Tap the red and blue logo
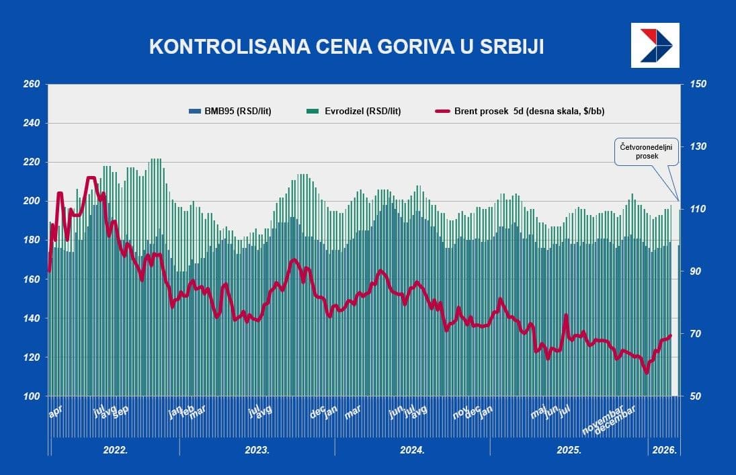(x=655, y=45)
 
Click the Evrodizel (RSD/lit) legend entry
(x=354, y=112)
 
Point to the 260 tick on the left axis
(x=31, y=85)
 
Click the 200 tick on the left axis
(x=31, y=202)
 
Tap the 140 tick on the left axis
(x=31, y=318)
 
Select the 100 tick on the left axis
(x=31, y=396)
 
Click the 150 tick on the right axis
(x=698, y=85)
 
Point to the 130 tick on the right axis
(x=698, y=146)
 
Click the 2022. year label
(x=116, y=450)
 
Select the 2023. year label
(x=257, y=450)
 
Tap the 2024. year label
(x=412, y=450)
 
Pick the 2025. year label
(x=569, y=450)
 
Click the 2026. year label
(x=663, y=450)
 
